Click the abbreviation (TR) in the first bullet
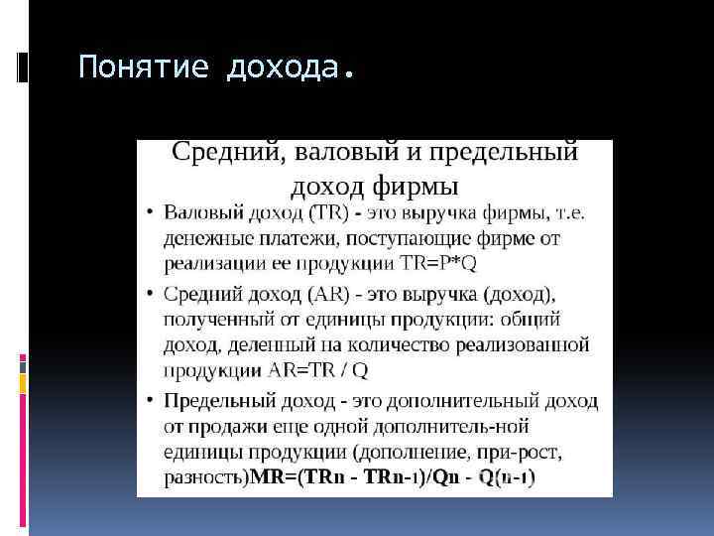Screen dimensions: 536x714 (328, 213)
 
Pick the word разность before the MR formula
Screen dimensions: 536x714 (203, 477)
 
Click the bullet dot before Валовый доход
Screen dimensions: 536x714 (148, 213)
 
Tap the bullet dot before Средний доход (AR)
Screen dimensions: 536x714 (148, 295)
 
